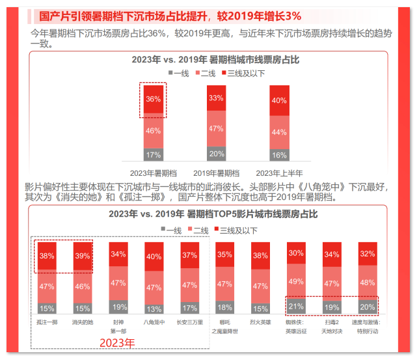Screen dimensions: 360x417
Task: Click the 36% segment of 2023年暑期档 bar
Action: pyautogui.click(x=154, y=100)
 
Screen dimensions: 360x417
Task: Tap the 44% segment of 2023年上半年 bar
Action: pyautogui.click(x=279, y=132)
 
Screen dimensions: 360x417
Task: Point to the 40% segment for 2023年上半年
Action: pyautogui.click(x=279, y=100)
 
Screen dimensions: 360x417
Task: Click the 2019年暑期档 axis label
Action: pyautogui.click(x=217, y=173)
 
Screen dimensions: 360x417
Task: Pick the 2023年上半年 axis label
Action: pyautogui.click(x=279, y=173)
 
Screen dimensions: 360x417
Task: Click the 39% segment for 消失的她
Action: pyautogui.click(x=83, y=255)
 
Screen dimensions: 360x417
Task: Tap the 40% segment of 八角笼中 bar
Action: pyautogui.click(x=154, y=256)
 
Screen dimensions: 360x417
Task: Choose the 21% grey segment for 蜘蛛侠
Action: pyautogui.click(x=296, y=307)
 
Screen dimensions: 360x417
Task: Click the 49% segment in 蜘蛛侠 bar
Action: pyautogui.click(x=296, y=281)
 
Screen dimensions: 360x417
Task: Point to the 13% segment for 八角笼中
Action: pyautogui.click(x=154, y=309)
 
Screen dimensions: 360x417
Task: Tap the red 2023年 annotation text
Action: pyautogui.click(x=116, y=342)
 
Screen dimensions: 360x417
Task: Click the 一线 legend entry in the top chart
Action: pyautogui.click(x=178, y=73)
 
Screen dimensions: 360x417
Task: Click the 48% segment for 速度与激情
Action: pyautogui.click(x=367, y=283)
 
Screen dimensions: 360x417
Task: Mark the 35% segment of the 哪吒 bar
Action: pyautogui.click(x=224, y=255)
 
